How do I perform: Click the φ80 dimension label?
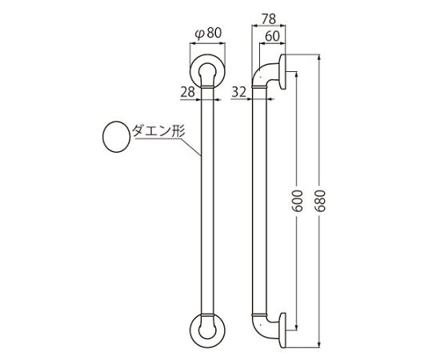coord(208,34)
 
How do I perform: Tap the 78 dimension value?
coord(268,19)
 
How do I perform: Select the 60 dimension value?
coord(272,36)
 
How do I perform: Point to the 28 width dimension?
coord(188,92)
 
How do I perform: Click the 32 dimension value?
coord(238,92)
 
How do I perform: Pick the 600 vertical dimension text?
coord(297,200)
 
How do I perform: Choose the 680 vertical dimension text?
coord(319,200)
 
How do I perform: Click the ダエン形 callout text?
coord(158,131)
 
